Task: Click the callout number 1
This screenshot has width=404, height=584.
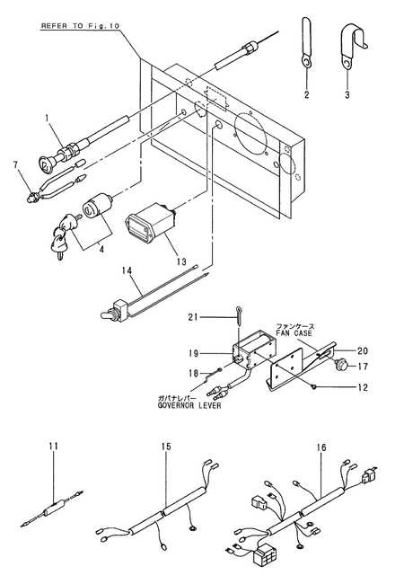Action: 47,119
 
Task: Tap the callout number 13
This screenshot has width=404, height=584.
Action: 181,261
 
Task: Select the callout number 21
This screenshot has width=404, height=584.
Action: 193,317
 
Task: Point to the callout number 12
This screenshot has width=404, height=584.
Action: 362,388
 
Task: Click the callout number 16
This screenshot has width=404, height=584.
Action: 321,447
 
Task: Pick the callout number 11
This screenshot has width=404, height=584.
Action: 54,447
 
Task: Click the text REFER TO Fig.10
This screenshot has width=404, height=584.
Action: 80,26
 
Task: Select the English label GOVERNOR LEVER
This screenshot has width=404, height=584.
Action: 189,405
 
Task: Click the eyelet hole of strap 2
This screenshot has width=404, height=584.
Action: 306,62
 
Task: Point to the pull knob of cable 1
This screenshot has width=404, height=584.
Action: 47,162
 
